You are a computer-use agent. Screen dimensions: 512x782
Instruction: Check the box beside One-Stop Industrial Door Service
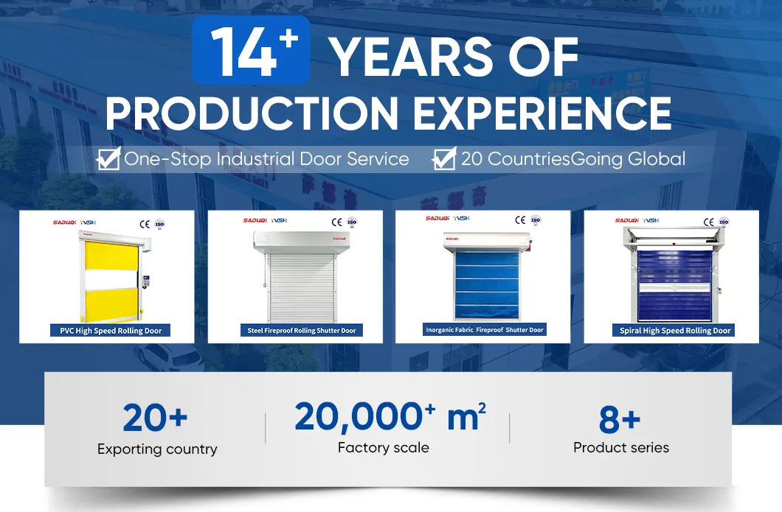click(109, 158)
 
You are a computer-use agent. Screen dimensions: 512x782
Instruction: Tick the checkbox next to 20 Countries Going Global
click(443, 158)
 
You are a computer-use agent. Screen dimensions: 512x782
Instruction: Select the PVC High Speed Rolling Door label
click(111, 331)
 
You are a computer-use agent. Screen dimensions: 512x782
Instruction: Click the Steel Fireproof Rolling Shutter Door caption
click(301, 331)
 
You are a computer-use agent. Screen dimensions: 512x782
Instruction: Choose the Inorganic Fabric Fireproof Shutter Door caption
click(485, 330)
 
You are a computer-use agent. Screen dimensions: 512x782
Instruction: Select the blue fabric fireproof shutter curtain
click(483, 284)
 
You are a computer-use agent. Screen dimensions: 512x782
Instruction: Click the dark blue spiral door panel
click(671, 284)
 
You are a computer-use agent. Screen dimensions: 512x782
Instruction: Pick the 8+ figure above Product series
click(620, 420)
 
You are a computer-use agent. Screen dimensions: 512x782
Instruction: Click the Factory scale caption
click(383, 447)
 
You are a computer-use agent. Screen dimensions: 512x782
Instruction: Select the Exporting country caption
click(157, 449)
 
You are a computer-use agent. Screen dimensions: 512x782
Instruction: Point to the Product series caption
click(621, 447)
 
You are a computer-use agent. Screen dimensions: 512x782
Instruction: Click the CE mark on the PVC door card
click(145, 221)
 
